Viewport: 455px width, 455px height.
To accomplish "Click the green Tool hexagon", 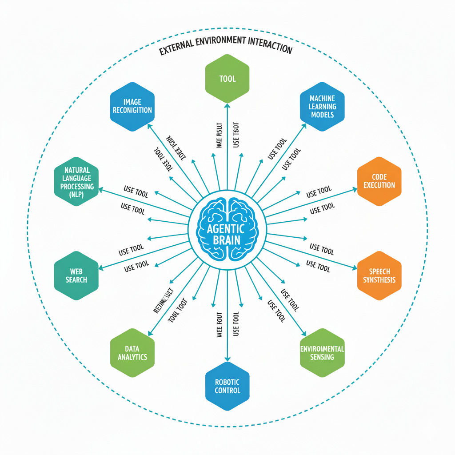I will click(x=227, y=79).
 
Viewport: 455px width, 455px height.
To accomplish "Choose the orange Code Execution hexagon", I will click(x=379, y=181).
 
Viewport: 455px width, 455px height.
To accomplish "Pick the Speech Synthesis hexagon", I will click(x=379, y=275).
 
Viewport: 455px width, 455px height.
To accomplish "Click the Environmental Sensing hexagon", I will click(x=322, y=352).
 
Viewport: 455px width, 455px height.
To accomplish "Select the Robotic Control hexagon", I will click(x=227, y=386).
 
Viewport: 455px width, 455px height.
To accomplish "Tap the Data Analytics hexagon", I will click(x=132, y=352).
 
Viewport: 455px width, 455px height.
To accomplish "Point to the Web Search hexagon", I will click(x=76, y=275).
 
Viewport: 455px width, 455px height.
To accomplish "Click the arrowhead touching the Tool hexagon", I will click(x=227, y=106).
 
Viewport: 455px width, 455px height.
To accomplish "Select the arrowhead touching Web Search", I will click(x=101, y=268).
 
